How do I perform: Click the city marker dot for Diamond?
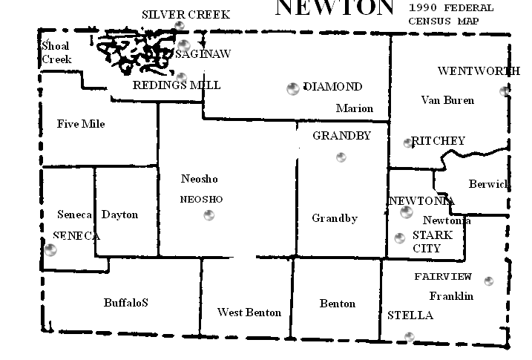293,89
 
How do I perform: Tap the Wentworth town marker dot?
505,91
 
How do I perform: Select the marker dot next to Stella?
409,337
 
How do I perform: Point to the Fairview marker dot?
488,281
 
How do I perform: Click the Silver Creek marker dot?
179,26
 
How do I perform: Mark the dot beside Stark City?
400,238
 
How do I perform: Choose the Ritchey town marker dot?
407,143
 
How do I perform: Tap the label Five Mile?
81,124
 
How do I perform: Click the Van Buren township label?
447,100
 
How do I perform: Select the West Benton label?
249,312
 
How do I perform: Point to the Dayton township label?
119,215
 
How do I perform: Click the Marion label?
355,108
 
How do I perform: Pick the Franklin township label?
451,296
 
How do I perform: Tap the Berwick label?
488,184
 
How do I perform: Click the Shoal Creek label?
56,52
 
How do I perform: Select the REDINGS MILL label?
177,85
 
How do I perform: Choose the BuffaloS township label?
126,303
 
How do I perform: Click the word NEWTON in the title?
334,7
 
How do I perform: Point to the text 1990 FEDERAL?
445,8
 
